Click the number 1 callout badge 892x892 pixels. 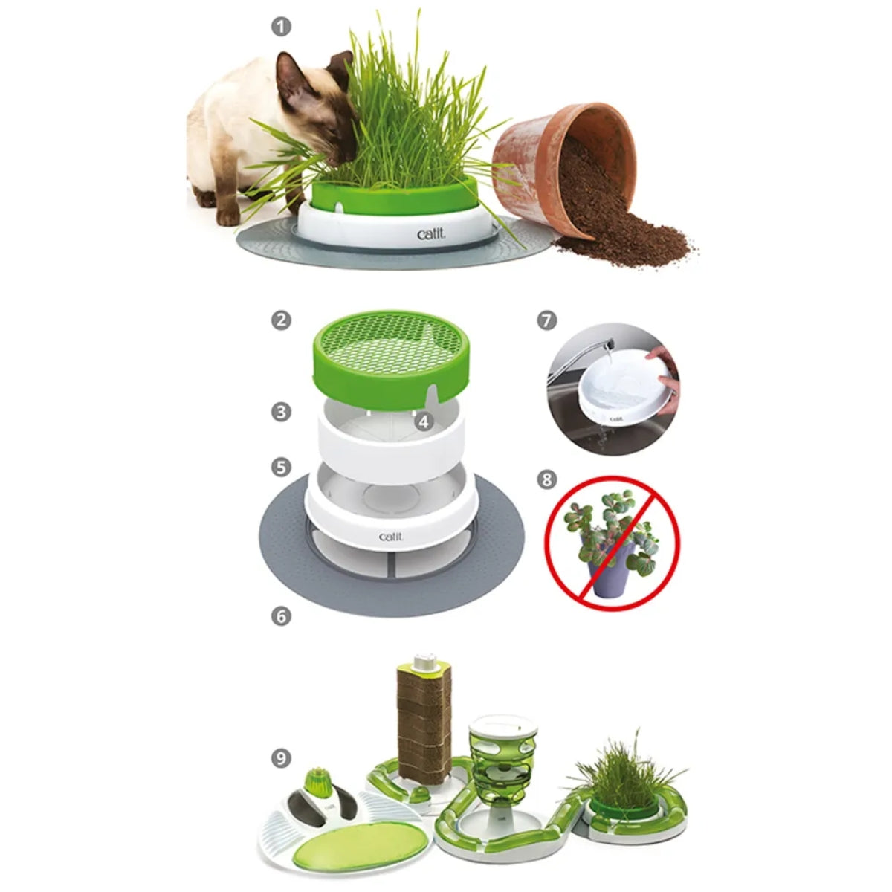click(280, 26)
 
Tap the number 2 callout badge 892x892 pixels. click(280, 320)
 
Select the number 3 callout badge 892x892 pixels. click(280, 412)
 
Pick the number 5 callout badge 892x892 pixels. click(280, 468)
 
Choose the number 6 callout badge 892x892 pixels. click(280, 616)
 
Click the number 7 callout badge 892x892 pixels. click(546, 320)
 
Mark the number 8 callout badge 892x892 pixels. click(546, 479)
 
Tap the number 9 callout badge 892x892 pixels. click(280, 758)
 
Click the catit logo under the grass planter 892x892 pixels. click(431, 235)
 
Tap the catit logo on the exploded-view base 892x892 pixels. click(391, 537)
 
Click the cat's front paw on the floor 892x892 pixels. click(228, 216)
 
